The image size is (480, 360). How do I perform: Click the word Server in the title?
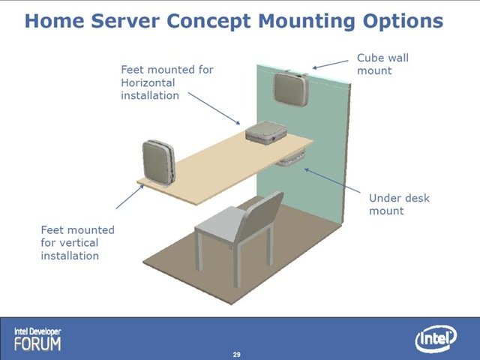[x=125, y=21]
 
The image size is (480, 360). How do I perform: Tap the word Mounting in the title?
[x=306, y=22]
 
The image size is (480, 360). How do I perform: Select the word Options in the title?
[x=403, y=22]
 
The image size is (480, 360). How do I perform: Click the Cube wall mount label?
[x=382, y=64]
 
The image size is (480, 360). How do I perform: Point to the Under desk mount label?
[x=399, y=204]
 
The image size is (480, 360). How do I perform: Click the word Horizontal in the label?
[x=148, y=82]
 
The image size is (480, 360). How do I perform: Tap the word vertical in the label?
[x=79, y=243]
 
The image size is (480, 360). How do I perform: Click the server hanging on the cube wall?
[x=291, y=88]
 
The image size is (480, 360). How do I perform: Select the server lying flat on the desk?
[x=266, y=132]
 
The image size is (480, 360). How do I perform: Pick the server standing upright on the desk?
[x=158, y=162]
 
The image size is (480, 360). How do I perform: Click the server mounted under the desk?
[x=290, y=159]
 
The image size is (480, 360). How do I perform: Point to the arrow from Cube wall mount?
[x=330, y=64]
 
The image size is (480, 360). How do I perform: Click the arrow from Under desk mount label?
[x=332, y=181]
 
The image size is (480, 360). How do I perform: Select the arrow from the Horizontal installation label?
[x=214, y=108]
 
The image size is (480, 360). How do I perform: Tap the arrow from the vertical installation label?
[x=130, y=196]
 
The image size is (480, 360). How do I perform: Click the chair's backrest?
[x=260, y=214]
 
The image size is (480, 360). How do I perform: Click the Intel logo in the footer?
[x=436, y=338]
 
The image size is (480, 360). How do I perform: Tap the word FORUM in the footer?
[x=37, y=343]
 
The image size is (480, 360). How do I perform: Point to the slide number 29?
[x=237, y=355]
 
